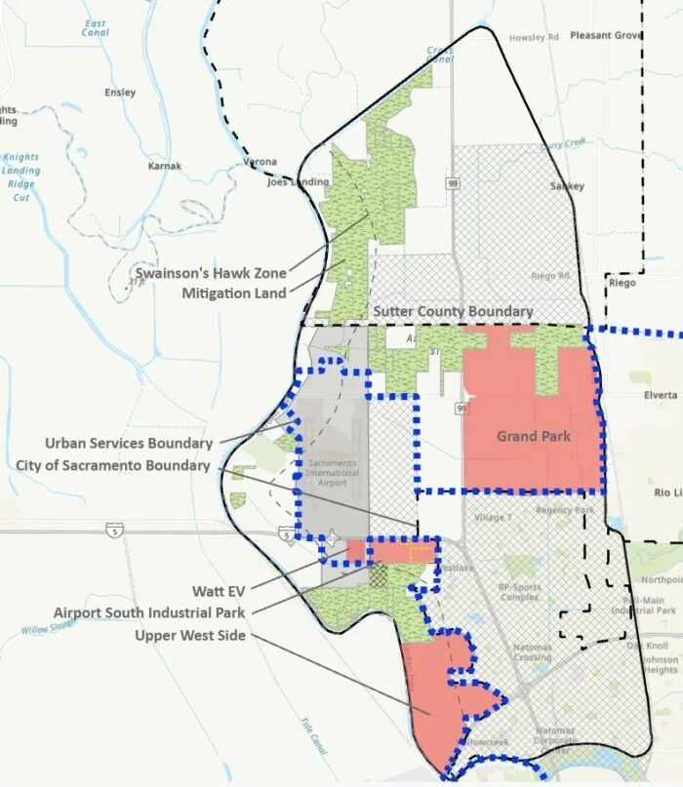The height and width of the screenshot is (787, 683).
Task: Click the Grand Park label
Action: click(533, 436)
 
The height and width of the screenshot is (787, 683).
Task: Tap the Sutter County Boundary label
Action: click(453, 312)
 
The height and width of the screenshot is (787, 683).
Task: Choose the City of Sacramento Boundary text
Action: click(113, 465)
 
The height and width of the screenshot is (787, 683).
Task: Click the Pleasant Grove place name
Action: click(607, 36)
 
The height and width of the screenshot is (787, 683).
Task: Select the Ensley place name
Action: click(120, 94)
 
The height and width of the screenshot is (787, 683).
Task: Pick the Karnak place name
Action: click(164, 167)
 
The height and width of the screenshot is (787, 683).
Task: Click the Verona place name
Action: click(260, 162)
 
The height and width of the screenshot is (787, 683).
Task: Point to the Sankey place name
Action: click(567, 186)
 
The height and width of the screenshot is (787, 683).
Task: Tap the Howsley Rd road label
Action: click(532, 38)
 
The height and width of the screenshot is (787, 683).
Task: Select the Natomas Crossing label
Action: click(534, 650)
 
